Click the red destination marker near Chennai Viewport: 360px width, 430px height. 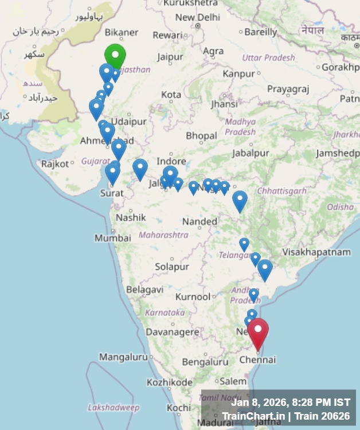pyautogui.click(x=258, y=332)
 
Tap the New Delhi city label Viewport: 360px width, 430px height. pyautogui.click(x=197, y=17)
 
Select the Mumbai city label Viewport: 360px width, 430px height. pyautogui.click(x=113, y=237)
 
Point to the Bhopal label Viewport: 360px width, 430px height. pyautogui.click(x=201, y=136)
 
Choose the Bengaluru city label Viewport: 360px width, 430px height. pyautogui.click(x=205, y=362)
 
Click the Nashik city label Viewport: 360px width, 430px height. pyautogui.click(x=131, y=217)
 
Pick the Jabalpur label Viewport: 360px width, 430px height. pyautogui.click(x=251, y=153)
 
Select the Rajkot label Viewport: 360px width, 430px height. pyautogui.click(x=55, y=164)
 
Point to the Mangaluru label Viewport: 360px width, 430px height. pyautogui.click(x=123, y=357)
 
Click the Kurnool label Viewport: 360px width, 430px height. pyautogui.click(x=193, y=297)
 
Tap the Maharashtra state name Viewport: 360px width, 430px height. pyautogui.click(x=163, y=235)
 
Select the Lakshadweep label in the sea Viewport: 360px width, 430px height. pyautogui.click(x=114, y=408)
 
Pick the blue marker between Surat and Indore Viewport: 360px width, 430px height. pyautogui.click(x=140, y=168)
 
